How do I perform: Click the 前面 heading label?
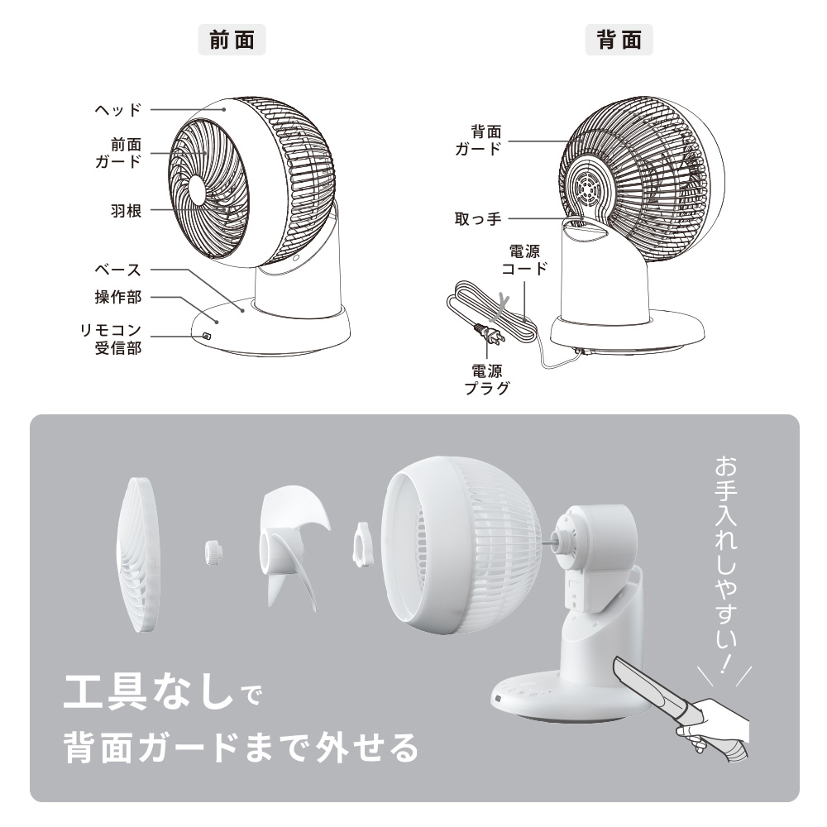(232, 40)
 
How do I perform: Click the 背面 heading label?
(619, 40)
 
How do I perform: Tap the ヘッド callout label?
(118, 110)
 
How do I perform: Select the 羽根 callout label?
(126, 211)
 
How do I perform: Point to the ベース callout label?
(118, 270)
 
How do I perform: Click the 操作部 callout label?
(118, 297)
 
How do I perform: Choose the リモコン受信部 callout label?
(111, 339)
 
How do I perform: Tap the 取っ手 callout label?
(478, 219)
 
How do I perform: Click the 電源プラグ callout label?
(487, 380)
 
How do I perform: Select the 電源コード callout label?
(524, 260)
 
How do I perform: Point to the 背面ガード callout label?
(478, 140)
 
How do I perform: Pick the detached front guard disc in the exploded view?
(137, 555)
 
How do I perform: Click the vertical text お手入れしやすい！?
(726, 564)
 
